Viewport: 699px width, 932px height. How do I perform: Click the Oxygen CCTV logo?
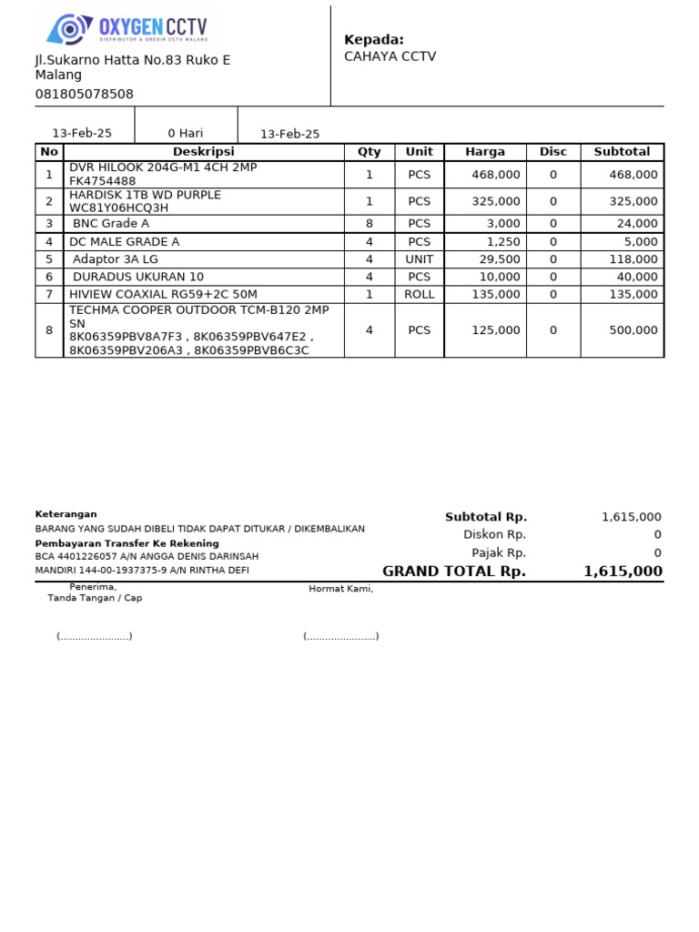click(x=127, y=29)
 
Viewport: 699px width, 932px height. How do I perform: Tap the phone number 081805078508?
click(x=84, y=94)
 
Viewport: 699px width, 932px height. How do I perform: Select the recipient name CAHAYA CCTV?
click(x=390, y=56)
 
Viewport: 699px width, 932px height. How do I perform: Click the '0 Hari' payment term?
click(x=185, y=133)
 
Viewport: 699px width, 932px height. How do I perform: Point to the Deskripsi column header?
click(x=203, y=152)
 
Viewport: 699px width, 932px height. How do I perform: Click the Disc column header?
click(x=552, y=152)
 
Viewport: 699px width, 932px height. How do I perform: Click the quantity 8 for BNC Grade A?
click(x=369, y=224)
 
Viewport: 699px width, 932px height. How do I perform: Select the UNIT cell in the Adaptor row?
click(x=419, y=259)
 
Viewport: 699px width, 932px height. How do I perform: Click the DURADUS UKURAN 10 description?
click(x=138, y=277)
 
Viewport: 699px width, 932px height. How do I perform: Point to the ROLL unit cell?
click(x=419, y=294)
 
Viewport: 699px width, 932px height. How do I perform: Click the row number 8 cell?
click(x=49, y=330)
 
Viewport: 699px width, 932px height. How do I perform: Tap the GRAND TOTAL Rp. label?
click(x=453, y=572)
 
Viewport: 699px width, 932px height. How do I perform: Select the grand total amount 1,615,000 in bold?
click(x=623, y=572)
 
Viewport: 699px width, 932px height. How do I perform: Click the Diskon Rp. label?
click(x=494, y=535)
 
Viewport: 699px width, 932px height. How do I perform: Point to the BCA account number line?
click(x=147, y=556)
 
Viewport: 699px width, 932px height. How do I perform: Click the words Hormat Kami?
click(x=340, y=589)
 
